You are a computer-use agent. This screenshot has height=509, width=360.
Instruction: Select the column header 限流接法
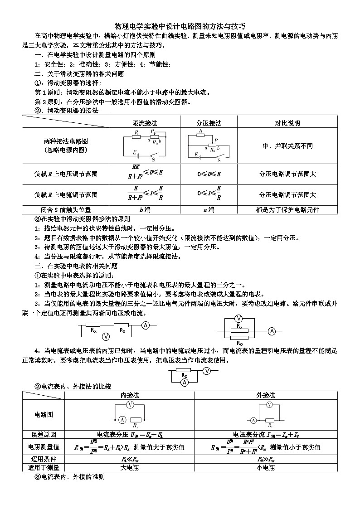click(x=145, y=123)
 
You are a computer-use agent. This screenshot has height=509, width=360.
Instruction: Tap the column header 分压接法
click(x=209, y=123)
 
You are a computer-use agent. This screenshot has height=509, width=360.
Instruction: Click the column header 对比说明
click(x=287, y=123)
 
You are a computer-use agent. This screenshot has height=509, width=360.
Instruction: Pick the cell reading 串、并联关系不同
click(x=287, y=146)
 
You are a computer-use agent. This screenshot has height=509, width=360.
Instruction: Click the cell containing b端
click(x=145, y=210)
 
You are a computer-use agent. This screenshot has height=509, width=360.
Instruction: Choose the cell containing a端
click(x=209, y=210)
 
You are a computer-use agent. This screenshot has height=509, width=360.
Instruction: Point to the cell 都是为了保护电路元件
click(x=287, y=210)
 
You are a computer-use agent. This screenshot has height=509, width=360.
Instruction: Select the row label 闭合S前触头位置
click(x=66, y=210)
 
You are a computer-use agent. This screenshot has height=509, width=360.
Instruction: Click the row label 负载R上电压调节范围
click(x=66, y=174)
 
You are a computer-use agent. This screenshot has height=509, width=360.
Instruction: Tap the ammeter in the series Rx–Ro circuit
click(x=146, y=325)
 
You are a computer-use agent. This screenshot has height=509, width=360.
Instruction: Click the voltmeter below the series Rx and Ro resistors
click(x=106, y=337)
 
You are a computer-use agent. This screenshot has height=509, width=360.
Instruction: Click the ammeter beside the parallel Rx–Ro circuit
click(x=272, y=331)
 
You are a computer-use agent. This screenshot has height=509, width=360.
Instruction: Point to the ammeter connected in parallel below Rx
click(x=185, y=383)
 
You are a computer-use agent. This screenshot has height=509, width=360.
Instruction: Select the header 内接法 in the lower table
click(x=129, y=395)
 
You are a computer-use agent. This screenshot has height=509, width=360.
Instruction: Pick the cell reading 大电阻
click(x=129, y=468)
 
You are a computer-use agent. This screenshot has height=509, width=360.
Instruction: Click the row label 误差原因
click(x=44, y=434)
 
